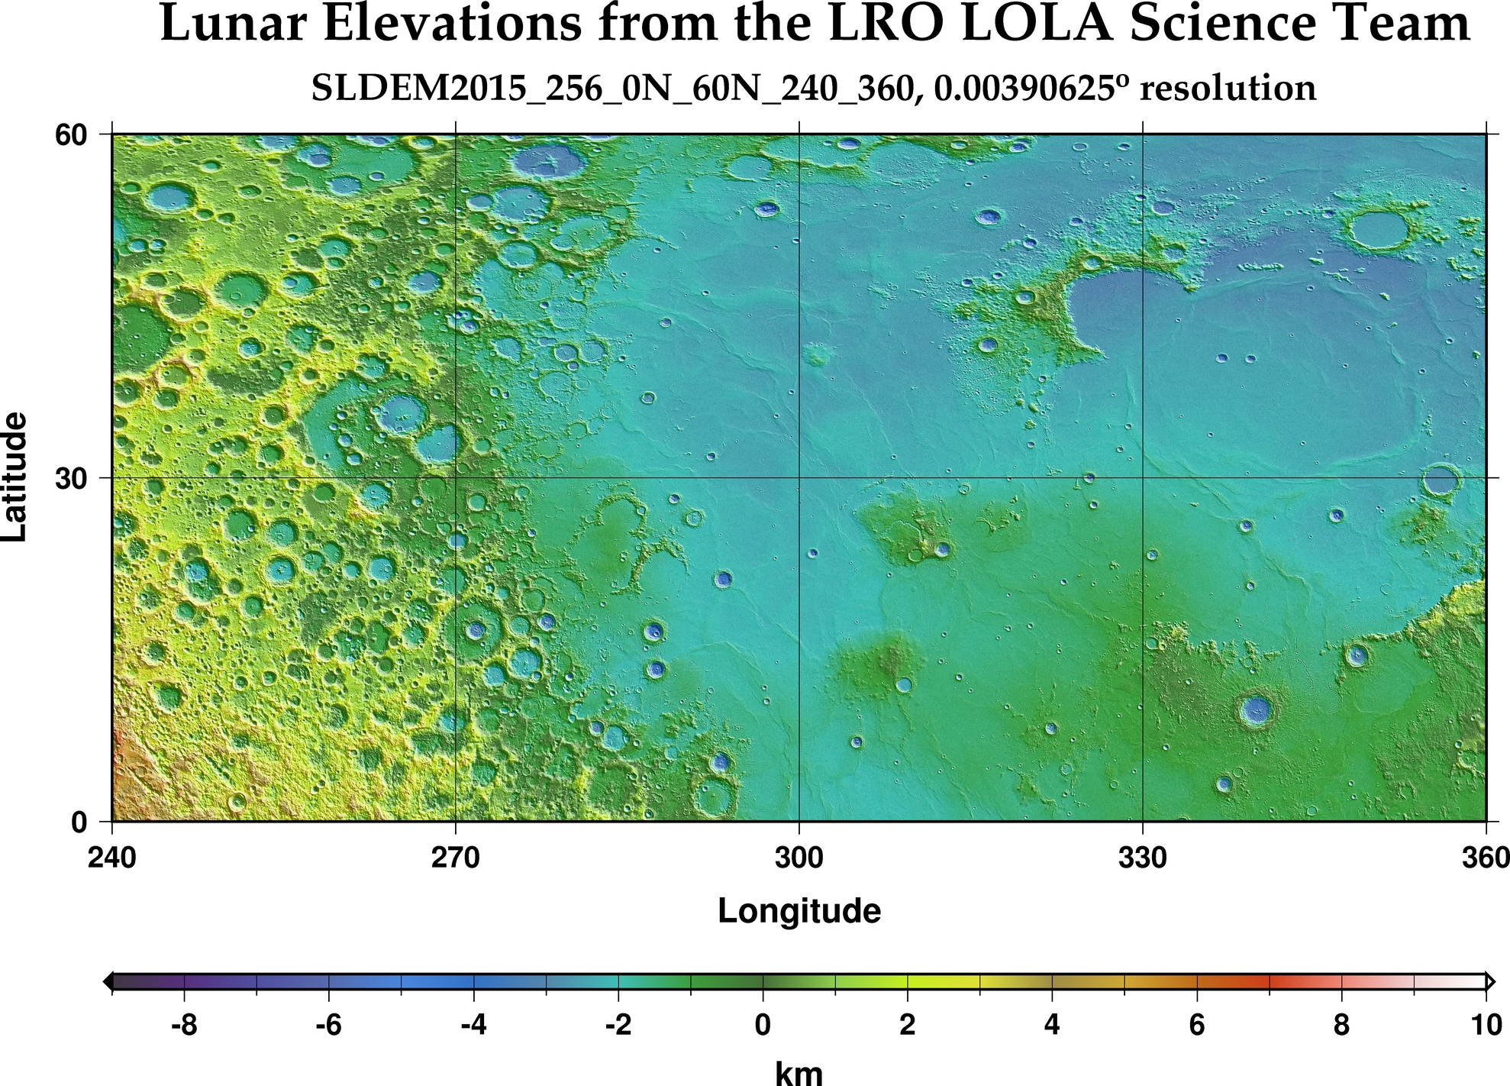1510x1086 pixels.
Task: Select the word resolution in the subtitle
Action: click(x=1227, y=89)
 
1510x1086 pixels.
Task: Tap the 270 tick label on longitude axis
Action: click(x=456, y=858)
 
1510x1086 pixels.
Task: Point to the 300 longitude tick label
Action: click(x=799, y=858)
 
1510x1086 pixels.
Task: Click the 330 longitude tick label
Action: click(x=1142, y=858)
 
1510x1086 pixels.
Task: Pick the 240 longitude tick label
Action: click(x=112, y=858)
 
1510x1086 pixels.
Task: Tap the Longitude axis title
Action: click(x=799, y=911)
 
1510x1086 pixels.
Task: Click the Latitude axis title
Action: click(x=15, y=477)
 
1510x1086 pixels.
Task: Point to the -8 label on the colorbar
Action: click(x=184, y=1025)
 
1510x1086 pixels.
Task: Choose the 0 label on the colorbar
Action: click(x=763, y=1025)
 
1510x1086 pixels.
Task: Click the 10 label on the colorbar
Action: click(x=1486, y=1025)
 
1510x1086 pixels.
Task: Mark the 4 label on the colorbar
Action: click(x=1052, y=1025)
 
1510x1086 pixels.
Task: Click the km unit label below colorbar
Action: click(x=799, y=1073)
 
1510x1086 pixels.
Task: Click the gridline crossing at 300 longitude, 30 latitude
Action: click(x=799, y=478)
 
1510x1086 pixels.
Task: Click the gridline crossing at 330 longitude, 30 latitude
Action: click(x=1142, y=478)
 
